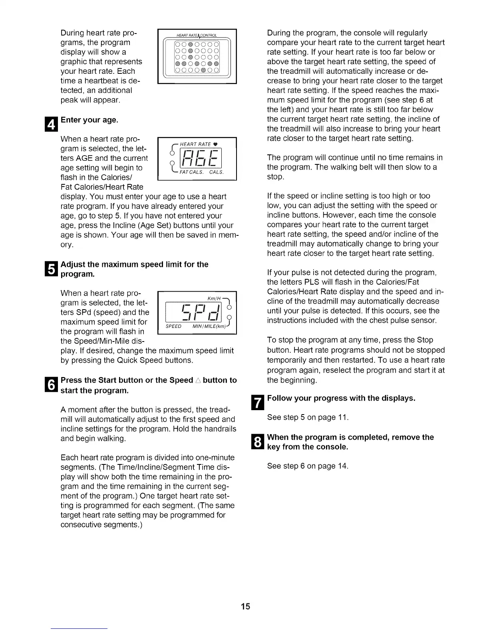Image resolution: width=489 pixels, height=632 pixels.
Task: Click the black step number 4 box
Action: (54, 124)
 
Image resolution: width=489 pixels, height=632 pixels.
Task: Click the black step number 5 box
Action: (54, 269)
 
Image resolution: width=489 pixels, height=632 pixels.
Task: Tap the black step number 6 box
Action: (54, 385)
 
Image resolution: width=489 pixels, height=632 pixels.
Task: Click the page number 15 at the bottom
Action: (245, 606)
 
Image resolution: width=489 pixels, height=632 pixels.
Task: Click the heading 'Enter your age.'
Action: (89, 120)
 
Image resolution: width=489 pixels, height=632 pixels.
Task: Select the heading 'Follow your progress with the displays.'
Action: (341, 398)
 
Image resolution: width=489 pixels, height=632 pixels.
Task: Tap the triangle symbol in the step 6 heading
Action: (198, 381)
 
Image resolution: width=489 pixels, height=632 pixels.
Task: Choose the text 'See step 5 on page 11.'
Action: (308, 417)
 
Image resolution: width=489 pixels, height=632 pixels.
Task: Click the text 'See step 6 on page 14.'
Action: (308, 466)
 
